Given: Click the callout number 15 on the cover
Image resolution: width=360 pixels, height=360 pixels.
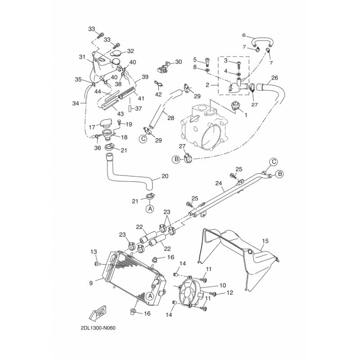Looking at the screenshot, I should (x=265, y=242).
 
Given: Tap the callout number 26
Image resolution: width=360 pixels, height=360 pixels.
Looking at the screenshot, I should (x=274, y=77).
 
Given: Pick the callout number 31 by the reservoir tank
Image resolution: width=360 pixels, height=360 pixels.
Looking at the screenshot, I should (x=82, y=57).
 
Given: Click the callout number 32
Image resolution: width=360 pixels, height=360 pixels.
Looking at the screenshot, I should (x=130, y=51).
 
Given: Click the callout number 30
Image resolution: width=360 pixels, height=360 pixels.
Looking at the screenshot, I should (x=178, y=62).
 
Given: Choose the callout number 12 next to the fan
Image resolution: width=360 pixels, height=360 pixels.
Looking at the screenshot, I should (x=230, y=293).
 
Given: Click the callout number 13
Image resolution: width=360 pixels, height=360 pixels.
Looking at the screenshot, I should (x=94, y=251).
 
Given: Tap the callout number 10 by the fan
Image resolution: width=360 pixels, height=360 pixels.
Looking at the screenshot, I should (x=222, y=285).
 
